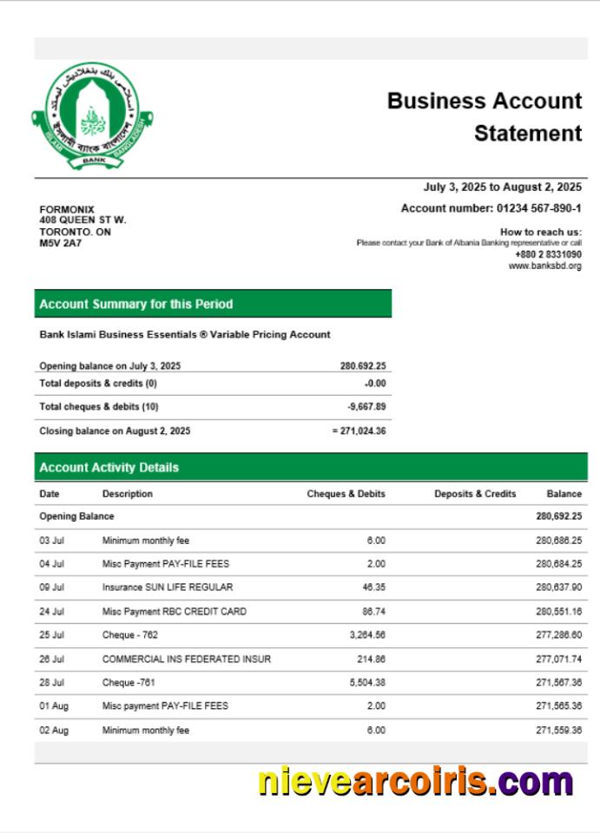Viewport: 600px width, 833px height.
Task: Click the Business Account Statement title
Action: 485,117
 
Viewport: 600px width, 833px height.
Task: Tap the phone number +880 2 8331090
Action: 548,254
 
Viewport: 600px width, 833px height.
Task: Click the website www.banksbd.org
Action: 544,266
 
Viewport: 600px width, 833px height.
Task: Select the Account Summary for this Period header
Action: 136,305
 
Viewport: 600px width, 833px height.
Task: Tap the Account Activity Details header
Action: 109,468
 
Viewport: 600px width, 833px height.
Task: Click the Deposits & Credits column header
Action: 475,494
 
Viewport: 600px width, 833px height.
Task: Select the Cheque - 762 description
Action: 130,635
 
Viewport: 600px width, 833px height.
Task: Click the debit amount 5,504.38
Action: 365,682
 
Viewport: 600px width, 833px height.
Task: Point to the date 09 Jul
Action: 52,587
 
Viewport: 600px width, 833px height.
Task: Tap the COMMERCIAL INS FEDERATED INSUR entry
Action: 187,659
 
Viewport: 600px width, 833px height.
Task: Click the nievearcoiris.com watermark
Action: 415,782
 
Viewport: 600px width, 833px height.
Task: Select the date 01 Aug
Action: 53,706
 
